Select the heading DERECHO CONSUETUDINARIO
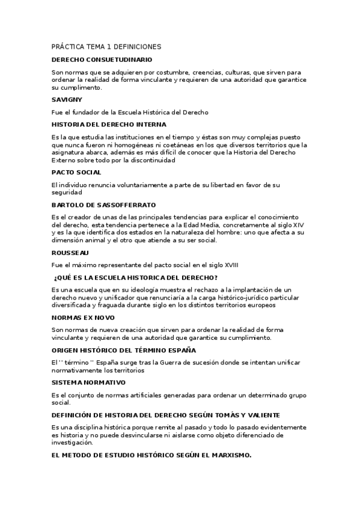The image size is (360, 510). click(x=102, y=60)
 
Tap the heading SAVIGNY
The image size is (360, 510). click(x=67, y=99)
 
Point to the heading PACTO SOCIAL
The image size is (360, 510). click(x=76, y=173)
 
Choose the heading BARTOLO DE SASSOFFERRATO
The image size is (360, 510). click(x=103, y=205)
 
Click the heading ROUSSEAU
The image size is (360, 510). click(x=71, y=253)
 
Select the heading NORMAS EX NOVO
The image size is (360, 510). click(x=83, y=317)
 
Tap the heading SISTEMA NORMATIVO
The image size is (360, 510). click(x=88, y=382)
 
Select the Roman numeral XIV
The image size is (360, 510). click(x=299, y=224)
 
